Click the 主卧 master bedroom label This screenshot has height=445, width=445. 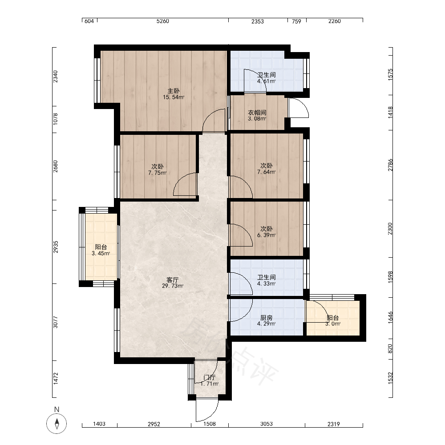click(x=174, y=91)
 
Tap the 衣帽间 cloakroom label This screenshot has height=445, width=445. click(x=257, y=113)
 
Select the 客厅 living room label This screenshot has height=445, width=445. click(x=173, y=280)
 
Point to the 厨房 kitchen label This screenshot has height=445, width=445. click(x=266, y=318)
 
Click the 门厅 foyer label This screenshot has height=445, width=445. click(x=210, y=377)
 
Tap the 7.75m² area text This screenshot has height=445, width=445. click(x=157, y=173)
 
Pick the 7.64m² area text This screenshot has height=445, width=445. click(x=266, y=172)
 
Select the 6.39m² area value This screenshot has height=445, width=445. click(x=266, y=235)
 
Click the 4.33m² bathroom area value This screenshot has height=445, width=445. click(x=266, y=283)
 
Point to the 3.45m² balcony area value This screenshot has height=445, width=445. click(x=101, y=254)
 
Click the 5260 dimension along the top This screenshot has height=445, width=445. click(x=162, y=21)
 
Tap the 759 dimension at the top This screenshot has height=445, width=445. click(x=296, y=21)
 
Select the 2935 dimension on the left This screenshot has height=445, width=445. click(x=56, y=247)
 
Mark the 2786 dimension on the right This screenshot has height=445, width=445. click(x=391, y=165)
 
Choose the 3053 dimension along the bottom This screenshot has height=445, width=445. click(x=267, y=424)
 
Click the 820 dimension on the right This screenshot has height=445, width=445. click(x=390, y=349)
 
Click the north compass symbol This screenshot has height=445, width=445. click(x=57, y=424)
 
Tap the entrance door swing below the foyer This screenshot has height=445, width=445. click(x=207, y=410)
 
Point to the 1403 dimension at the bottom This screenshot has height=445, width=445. click(x=99, y=424)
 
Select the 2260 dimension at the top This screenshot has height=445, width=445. click(x=334, y=21)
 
